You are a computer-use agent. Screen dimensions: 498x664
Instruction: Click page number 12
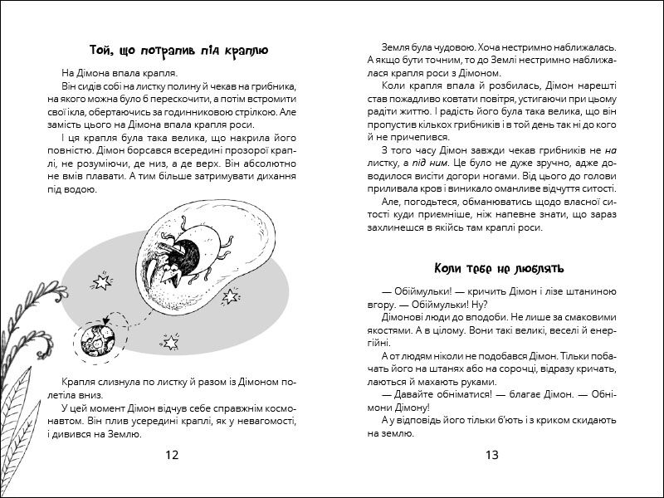click(172, 454)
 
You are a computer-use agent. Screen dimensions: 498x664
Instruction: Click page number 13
click(491, 454)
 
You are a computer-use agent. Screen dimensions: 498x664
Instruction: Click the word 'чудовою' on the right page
click(456, 48)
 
